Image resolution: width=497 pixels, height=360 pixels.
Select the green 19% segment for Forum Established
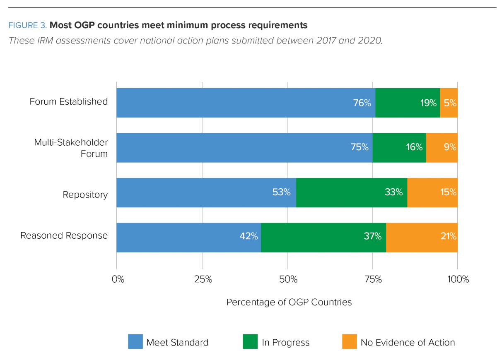coord(408,103)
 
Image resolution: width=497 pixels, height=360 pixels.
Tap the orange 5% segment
coord(449,103)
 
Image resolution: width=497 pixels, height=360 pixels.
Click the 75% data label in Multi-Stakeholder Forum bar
coord(359,147)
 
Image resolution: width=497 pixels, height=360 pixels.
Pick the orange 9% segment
coord(442,147)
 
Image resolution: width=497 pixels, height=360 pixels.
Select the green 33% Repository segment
coord(352,192)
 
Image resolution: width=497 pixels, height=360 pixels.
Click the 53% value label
coord(281,192)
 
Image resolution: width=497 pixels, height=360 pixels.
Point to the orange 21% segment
coord(422,237)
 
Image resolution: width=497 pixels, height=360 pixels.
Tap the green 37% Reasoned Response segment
coord(323,237)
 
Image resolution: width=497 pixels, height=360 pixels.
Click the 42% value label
coord(249,237)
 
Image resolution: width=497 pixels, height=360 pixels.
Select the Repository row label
coord(85,194)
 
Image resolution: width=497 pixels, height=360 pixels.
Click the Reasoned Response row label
coord(64,236)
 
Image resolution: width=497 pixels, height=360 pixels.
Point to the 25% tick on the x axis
coord(203,279)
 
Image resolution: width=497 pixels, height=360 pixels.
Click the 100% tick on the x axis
coord(458,279)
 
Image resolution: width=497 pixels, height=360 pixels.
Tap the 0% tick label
coord(118,279)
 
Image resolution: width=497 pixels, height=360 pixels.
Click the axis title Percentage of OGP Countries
coord(289,302)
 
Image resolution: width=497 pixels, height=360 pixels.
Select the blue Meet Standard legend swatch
coord(135,342)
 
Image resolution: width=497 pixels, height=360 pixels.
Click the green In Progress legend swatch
coord(250,342)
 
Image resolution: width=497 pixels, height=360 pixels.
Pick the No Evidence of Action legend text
coord(408,343)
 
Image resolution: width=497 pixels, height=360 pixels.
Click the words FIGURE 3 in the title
coord(27,26)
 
